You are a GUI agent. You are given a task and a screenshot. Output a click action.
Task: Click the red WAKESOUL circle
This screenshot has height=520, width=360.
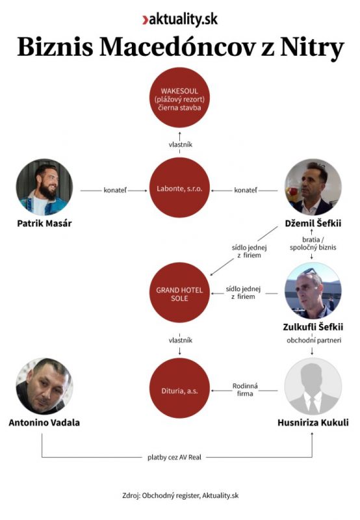(179, 97)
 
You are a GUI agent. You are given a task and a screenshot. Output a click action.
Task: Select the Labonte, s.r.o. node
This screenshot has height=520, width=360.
(179, 188)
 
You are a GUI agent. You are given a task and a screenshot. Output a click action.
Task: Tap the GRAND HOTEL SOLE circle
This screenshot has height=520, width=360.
(179, 292)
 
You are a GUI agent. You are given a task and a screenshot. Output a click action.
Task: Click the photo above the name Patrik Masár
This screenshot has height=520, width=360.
(44, 187)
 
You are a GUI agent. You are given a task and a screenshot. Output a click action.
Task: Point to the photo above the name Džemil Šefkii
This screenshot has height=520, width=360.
(313, 187)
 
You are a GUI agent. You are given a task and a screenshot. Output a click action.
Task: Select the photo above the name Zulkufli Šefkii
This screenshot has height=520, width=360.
(313, 291)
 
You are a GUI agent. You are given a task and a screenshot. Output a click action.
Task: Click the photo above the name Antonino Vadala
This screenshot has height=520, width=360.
(44, 386)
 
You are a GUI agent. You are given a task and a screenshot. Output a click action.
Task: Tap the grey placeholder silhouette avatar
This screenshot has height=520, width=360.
(313, 386)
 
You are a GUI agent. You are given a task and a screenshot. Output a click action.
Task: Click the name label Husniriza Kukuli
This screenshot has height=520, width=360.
(313, 422)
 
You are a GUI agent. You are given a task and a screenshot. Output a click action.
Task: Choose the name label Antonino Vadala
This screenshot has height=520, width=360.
(44, 422)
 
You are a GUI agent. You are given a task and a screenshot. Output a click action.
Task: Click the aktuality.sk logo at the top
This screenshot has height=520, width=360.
(180, 19)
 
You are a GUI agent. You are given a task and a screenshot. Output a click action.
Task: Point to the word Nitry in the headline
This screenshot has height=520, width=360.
(312, 47)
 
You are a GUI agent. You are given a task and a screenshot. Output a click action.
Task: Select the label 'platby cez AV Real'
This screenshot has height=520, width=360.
(174, 458)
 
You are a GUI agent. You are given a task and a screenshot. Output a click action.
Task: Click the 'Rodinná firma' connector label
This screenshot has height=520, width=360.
(245, 389)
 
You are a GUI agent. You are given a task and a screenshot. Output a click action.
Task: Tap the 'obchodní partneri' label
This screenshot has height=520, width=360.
(314, 340)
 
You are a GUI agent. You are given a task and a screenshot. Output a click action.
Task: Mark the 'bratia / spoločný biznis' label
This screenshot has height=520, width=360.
(313, 243)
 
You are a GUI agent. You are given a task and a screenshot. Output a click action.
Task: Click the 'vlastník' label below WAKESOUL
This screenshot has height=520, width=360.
(181, 144)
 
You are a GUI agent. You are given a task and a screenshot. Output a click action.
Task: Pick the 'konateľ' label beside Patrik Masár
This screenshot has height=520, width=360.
(115, 190)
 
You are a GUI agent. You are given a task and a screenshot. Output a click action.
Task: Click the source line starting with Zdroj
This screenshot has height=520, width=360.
(181, 495)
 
